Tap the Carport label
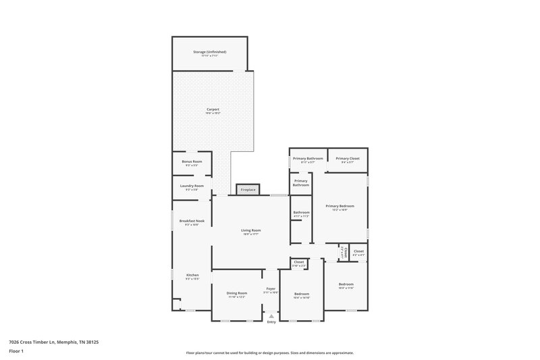click(212, 109)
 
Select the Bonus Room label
click(192, 162)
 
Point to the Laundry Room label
click(192, 186)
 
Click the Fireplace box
click(248, 190)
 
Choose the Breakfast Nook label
click(192, 221)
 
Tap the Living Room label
click(251, 230)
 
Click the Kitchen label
click(192, 275)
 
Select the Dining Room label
click(237, 294)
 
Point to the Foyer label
click(271, 289)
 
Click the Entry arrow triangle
click(271, 315)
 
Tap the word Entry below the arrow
click(271, 322)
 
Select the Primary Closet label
click(348, 158)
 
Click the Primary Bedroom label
click(340, 206)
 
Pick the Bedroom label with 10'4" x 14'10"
click(302, 294)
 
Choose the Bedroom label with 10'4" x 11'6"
click(346, 284)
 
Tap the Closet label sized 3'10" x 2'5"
click(299, 262)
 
